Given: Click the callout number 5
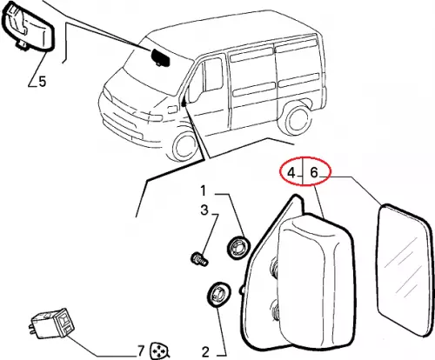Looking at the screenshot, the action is (43, 82).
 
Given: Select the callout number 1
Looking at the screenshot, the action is (203, 191).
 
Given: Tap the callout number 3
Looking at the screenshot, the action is (204, 210).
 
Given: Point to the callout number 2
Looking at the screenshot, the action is (205, 352).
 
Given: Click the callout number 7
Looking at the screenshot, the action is (141, 351).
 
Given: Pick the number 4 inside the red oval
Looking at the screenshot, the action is (291, 173).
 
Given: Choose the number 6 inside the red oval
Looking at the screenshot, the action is (314, 172).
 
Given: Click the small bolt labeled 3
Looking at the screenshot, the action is (200, 259).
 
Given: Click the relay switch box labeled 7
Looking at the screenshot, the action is (53, 323).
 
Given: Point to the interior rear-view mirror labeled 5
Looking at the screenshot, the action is (28, 27).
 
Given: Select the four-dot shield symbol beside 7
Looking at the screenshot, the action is (159, 351).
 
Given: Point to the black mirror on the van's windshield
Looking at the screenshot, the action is (161, 57).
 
